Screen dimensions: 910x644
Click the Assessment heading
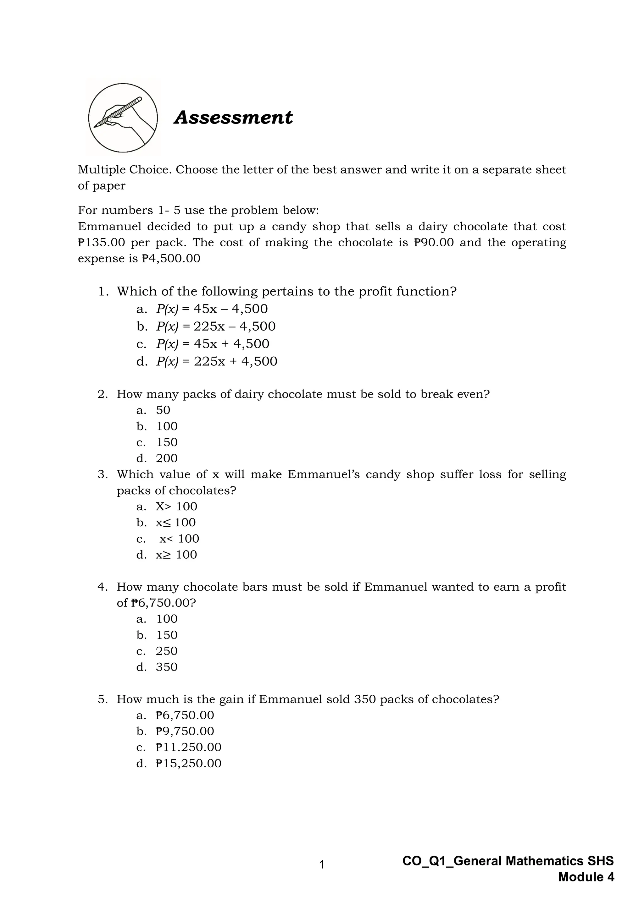pos(233,118)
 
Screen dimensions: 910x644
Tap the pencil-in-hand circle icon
pos(123,118)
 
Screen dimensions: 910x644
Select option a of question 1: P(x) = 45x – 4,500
pos(212,309)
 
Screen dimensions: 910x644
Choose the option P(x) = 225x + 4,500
pos(217,361)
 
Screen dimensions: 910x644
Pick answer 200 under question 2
pos(167,458)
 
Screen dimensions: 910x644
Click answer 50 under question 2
pos(163,410)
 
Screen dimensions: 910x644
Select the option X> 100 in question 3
pos(176,507)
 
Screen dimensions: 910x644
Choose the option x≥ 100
pos(176,555)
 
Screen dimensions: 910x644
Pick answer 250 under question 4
pos(167,651)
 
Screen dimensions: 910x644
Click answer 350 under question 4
pos(167,667)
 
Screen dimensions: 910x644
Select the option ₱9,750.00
pos(185,731)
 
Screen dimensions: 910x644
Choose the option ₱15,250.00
pos(188,763)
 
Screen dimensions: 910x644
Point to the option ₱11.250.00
pos(188,748)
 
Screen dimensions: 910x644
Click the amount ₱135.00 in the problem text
pos(102,243)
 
